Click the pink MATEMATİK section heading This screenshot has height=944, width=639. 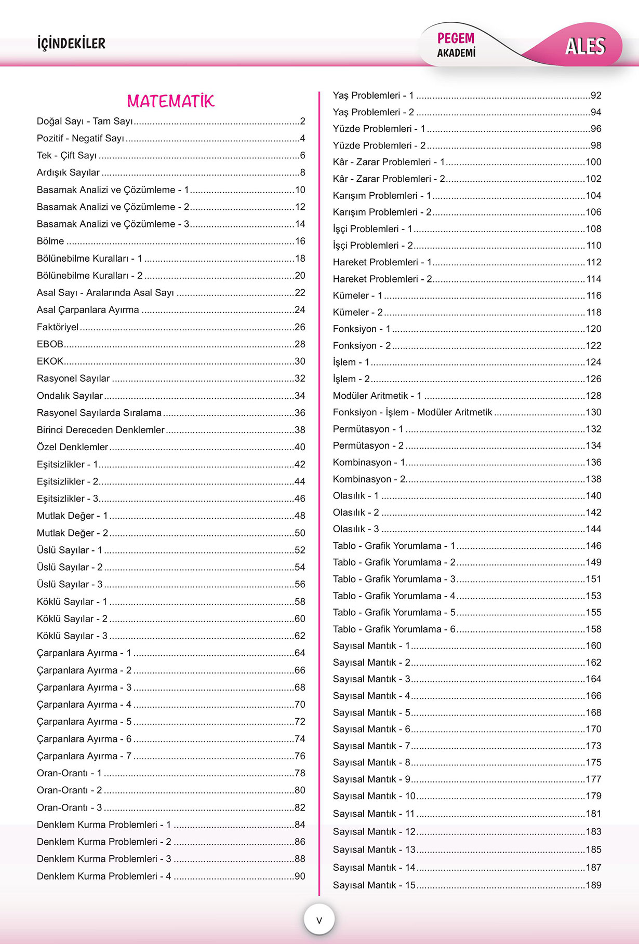(x=170, y=101)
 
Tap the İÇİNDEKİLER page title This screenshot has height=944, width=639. (x=71, y=44)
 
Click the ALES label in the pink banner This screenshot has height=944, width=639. (x=585, y=47)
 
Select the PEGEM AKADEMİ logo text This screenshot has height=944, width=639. (x=456, y=45)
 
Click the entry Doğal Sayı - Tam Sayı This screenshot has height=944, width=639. (x=85, y=122)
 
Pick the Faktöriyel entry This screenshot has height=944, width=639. (x=58, y=327)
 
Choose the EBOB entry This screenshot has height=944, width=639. (x=50, y=344)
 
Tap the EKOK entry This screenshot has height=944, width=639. (x=50, y=361)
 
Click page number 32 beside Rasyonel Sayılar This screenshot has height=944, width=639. (x=300, y=379)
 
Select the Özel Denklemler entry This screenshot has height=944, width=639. (x=72, y=447)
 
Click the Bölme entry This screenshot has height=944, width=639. (x=50, y=241)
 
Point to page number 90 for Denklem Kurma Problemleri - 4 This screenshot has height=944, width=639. (x=300, y=876)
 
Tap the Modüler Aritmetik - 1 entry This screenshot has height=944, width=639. (x=377, y=396)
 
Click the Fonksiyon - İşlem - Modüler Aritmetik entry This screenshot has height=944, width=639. (x=412, y=412)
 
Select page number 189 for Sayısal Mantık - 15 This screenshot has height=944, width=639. (x=593, y=885)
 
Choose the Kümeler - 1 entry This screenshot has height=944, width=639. (x=357, y=295)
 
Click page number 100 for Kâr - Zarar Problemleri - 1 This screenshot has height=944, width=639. (x=593, y=162)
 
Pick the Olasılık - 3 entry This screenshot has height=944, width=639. (x=356, y=529)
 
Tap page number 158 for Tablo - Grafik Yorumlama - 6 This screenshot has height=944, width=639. (x=593, y=629)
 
